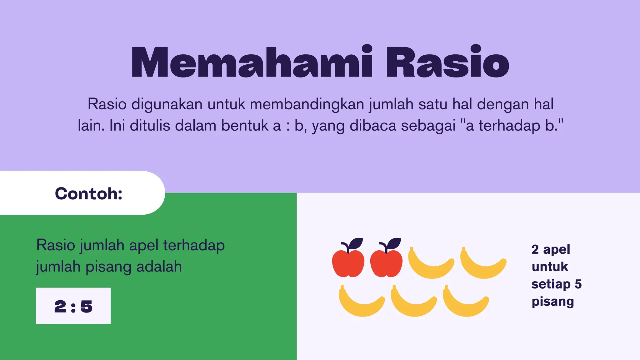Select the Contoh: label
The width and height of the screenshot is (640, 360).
[x=88, y=193]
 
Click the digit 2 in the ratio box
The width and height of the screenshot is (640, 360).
[x=60, y=306]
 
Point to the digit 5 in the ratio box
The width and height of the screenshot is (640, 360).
[x=87, y=306]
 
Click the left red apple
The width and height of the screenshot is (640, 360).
[x=348, y=263]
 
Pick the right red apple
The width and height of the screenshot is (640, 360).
[x=386, y=263]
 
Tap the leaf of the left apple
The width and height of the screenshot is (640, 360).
[x=356, y=243]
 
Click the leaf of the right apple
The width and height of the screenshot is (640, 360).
[x=394, y=243]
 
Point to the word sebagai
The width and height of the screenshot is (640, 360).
[x=428, y=126]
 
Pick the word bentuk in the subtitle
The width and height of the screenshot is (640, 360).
[x=245, y=126]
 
